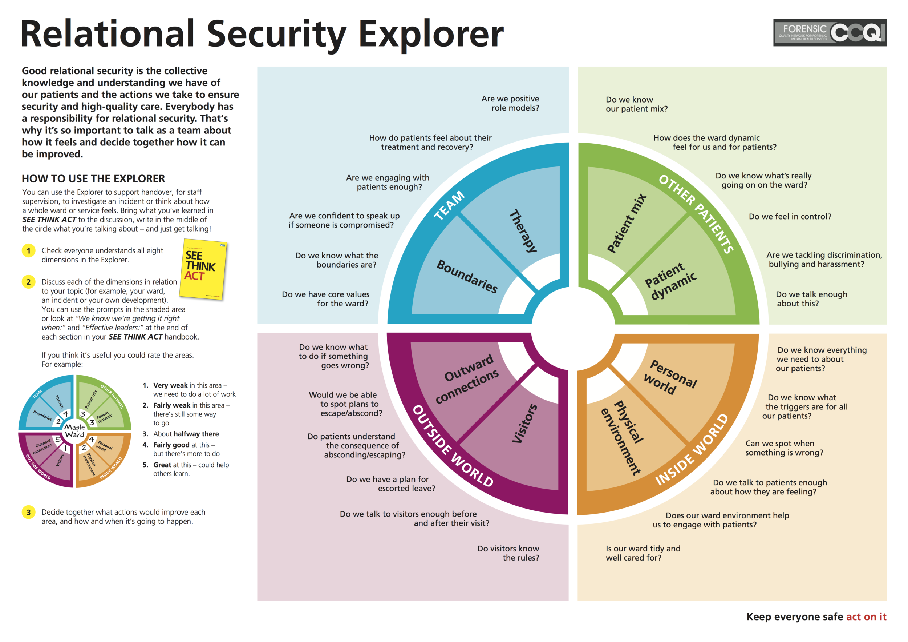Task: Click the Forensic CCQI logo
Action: (x=829, y=33)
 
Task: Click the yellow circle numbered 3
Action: (x=28, y=512)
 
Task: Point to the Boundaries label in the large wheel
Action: (x=467, y=276)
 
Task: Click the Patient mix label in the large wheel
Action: (x=627, y=224)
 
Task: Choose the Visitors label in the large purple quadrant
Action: (x=525, y=424)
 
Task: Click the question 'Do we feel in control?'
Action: (x=790, y=217)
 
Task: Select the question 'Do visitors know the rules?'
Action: (x=508, y=553)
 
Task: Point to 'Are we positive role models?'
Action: (x=510, y=103)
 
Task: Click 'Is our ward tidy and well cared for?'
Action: (x=643, y=553)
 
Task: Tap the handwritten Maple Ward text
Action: (x=74, y=431)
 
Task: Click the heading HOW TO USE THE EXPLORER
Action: (x=93, y=178)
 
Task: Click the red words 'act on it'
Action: (x=866, y=617)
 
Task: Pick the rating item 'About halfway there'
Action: (x=186, y=434)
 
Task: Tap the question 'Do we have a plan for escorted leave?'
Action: (x=391, y=483)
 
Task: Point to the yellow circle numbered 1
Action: (x=28, y=250)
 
